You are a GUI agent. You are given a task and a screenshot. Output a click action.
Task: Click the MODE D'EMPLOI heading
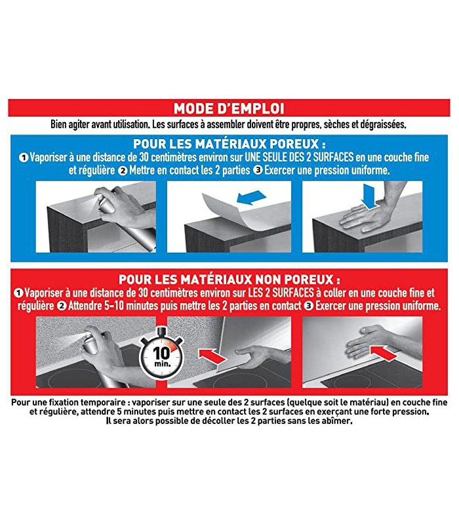pyautogui.click(x=229, y=108)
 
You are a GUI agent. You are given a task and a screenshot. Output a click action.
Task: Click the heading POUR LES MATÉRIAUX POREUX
pyautogui.click(x=229, y=144)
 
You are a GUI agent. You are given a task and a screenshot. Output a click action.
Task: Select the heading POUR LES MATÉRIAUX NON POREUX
pyautogui.click(x=229, y=280)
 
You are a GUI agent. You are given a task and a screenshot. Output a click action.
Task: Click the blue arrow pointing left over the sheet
pyautogui.click(x=251, y=198)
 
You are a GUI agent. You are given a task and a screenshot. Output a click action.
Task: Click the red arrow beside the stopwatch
pyautogui.click(x=212, y=356)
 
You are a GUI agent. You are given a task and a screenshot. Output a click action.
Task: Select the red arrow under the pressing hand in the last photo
pyautogui.click(x=384, y=353)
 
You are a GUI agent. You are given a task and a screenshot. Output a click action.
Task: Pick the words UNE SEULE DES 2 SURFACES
pyautogui.click(x=299, y=157)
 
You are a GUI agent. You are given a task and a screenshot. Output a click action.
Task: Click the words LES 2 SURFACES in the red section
pyautogui.click(x=281, y=293)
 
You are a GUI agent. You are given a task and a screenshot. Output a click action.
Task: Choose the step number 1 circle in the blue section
pyautogui.click(x=24, y=157)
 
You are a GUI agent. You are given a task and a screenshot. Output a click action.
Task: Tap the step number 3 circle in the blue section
pyautogui.click(x=258, y=170)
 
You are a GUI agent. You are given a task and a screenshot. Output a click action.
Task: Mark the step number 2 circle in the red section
pyautogui.click(x=62, y=306)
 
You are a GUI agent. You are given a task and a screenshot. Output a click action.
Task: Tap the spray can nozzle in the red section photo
pyautogui.click(x=88, y=336)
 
